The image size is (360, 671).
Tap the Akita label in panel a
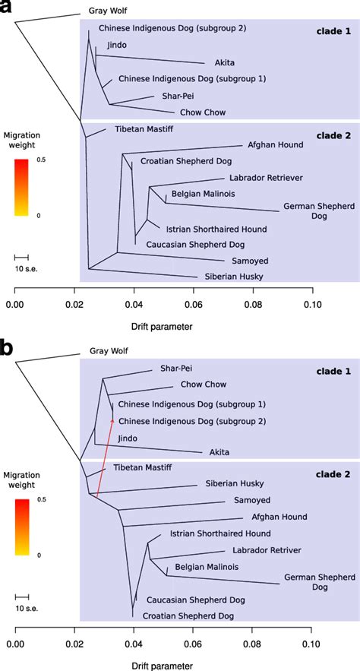click(216, 63)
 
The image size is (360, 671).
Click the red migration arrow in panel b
click(105, 456)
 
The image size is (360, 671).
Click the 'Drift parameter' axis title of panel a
click(163, 327)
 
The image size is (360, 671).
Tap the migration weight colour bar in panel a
click(21, 187)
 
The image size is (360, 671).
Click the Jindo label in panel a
click(117, 46)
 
